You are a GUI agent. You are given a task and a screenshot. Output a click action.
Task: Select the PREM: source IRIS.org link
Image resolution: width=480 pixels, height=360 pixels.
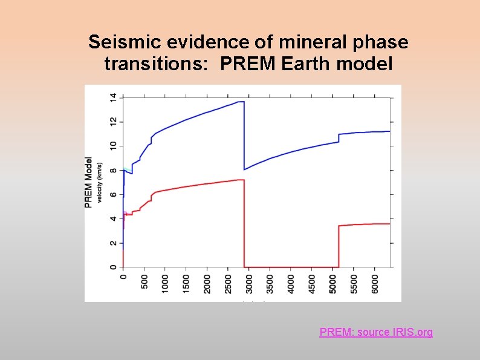pyautogui.click(x=376, y=332)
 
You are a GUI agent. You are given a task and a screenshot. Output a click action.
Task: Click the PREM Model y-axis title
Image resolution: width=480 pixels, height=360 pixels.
pyautogui.click(x=89, y=183)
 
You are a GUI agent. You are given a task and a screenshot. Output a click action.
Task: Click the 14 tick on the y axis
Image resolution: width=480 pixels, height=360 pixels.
pyautogui.click(x=112, y=97)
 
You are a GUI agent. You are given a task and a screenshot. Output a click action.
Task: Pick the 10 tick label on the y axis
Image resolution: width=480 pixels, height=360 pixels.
pyautogui.click(x=112, y=146)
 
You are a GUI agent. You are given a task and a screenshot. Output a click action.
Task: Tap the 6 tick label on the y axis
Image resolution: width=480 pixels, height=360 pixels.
pyautogui.click(x=112, y=194)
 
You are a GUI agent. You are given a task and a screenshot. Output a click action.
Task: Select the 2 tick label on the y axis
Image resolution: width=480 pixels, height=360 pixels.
pyautogui.click(x=112, y=243)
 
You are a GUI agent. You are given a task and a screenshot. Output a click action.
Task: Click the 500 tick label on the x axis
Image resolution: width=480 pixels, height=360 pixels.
pyautogui.click(x=144, y=283)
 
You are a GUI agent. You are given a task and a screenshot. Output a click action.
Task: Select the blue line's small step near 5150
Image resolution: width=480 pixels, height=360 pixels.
pyautogui.click(x=339, y=138)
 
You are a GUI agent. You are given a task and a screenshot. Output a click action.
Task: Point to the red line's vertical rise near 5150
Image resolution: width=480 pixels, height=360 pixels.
pyautogui.click(x=339, y=245)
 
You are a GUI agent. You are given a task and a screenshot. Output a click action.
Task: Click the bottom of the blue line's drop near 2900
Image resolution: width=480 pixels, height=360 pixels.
pyautogui.click(x=244, y=169)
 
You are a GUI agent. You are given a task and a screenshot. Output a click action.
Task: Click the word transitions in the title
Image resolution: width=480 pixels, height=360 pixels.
pyautogui.click(x=139, y=62)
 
